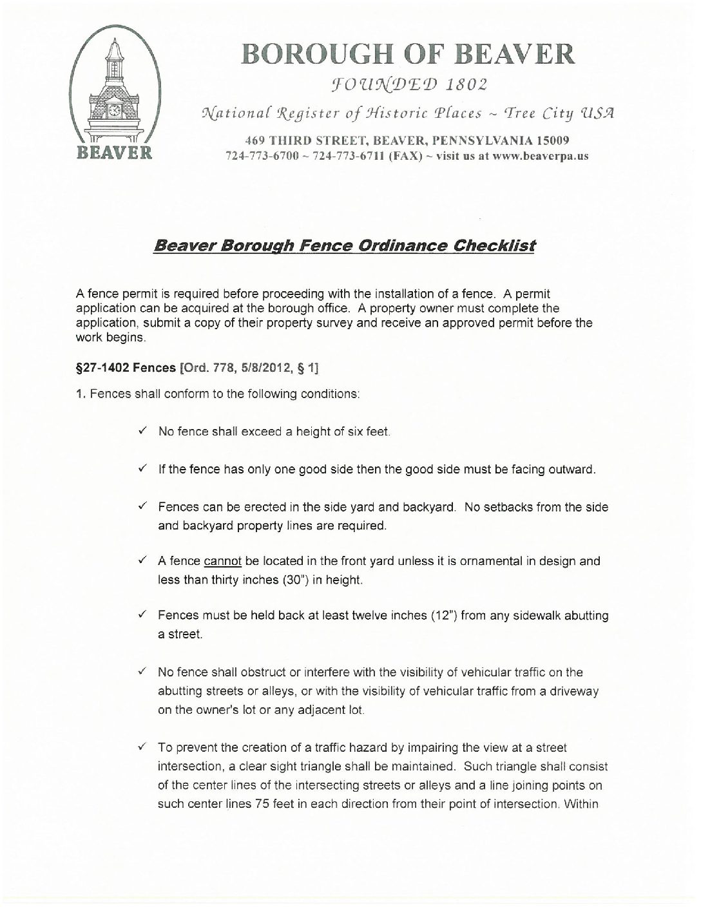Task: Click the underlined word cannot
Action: tap(222, 561)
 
